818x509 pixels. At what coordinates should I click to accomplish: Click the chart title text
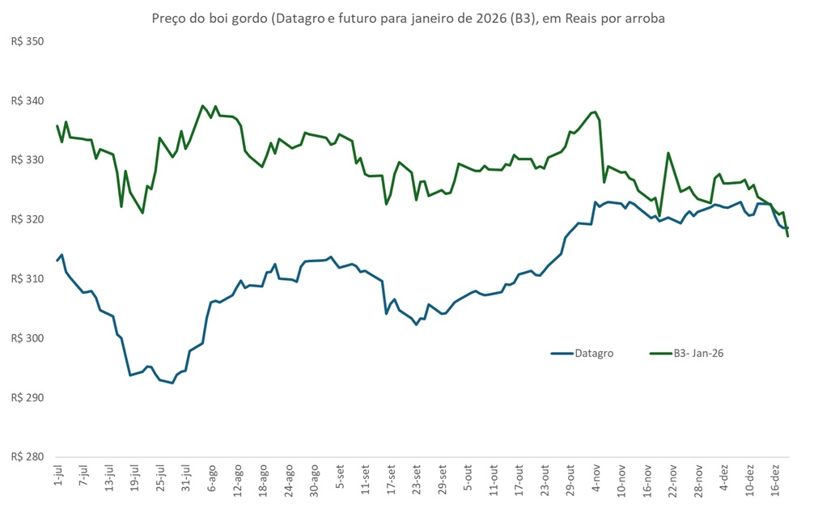[x=409, y=18]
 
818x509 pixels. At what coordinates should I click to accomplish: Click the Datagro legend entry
[x=591, y=354]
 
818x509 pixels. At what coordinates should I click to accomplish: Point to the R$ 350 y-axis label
[x=28, y=41]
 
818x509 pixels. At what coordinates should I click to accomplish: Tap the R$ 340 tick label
[x=28, y=101]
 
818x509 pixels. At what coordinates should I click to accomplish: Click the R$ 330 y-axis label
[x=28, y=160]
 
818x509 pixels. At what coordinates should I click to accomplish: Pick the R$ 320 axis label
[x=28, y=219]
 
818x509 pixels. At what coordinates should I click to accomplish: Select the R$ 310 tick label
[x=28, y=279]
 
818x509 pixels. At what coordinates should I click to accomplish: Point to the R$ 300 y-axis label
[x=28, y=338]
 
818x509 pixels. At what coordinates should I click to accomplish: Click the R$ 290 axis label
[x=28, y=398]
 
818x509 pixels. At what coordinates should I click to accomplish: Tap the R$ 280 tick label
[x=28, y=457]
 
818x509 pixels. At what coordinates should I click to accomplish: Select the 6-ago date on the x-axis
[x=211, y=478]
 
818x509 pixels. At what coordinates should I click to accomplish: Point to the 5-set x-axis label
[x=340, y=478]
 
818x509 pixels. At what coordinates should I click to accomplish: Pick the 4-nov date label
[x=596, y=478]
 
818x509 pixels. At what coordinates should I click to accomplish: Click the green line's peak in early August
[x=203, y=106]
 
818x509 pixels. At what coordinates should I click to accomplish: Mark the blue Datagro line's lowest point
[x=172, y=383]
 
